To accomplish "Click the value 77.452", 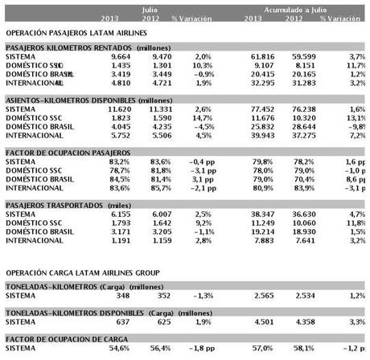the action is (x=265, y=106).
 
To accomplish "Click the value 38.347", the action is (x=265, y=207).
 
